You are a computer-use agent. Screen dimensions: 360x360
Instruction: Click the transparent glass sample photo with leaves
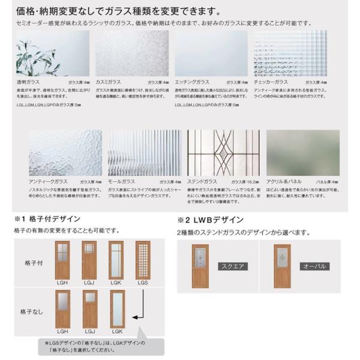52,53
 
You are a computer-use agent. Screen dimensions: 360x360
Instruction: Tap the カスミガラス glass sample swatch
131,53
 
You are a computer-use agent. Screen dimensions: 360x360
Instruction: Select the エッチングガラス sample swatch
211,53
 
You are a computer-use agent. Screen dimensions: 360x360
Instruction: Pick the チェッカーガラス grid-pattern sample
290,53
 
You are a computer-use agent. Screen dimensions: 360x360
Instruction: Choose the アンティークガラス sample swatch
65,152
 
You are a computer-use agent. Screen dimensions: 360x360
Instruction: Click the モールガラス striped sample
144,152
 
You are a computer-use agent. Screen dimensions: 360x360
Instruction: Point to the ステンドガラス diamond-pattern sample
223,152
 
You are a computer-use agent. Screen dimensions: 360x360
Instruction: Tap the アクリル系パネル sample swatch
302,152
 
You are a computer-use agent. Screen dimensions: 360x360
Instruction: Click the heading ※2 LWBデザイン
209,219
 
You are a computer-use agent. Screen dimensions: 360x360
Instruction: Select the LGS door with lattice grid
142,259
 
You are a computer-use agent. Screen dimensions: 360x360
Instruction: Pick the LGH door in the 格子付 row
62,259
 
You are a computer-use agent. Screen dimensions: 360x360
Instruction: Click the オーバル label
313,266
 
